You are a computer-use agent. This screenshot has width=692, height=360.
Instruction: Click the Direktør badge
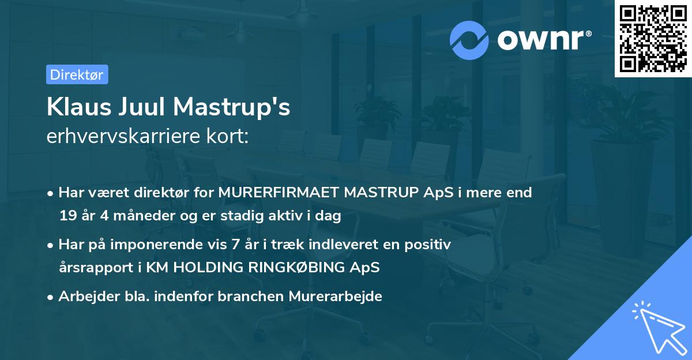[77, 74]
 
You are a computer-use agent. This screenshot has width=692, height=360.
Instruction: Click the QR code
[653, 39]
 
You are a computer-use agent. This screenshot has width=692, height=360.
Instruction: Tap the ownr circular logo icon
[470, 40]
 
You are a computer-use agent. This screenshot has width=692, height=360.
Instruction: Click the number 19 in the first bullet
[67, 216]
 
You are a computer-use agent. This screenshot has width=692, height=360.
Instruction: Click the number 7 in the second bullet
[235, 245]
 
